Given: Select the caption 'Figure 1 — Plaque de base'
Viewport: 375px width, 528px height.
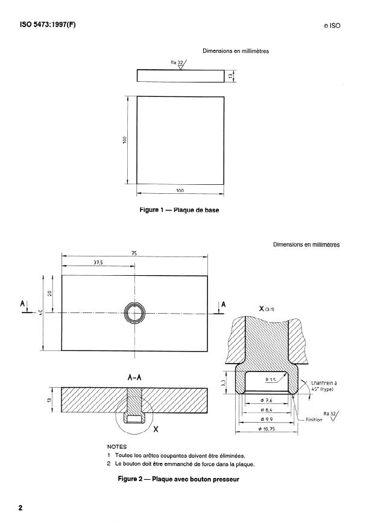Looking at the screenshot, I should (x=180, y=211).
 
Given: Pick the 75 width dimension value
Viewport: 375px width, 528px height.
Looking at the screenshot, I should (x=134, y=253).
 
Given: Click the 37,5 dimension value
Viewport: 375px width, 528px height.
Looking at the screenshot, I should (x=96, y=262).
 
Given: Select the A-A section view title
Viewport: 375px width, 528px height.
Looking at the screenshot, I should (x=135, y=378).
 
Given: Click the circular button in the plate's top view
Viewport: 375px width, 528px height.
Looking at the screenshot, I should (x=134, y=313).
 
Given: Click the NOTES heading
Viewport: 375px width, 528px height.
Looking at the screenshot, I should (x=117, y=447).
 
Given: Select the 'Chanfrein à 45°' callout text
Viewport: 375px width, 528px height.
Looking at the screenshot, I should (x=324, y=385).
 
